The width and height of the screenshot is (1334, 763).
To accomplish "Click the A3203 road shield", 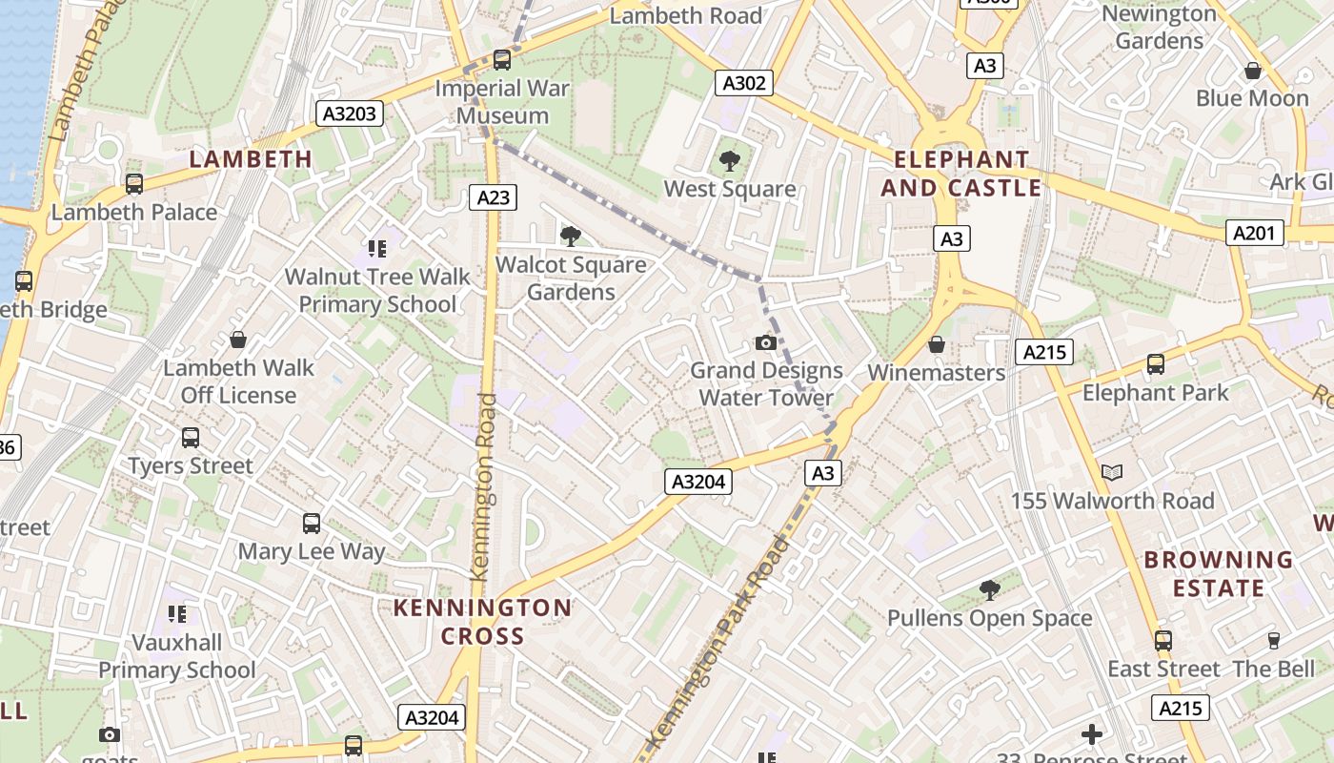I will pos(350,114).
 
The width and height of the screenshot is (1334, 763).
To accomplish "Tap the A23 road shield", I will pos(493,197).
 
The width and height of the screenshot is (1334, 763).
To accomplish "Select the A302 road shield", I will pos(743,83).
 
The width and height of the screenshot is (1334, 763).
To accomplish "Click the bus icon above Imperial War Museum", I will pos(502,60).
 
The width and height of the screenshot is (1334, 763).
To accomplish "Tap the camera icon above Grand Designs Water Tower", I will pos(765,342).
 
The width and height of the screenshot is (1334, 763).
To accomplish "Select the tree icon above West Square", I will pos(730,160).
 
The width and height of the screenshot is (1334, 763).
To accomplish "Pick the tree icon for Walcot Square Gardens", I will pos(571,236).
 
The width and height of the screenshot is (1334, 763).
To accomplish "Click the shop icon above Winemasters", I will pos(937,344).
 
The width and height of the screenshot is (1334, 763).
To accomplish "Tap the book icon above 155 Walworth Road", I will pos(1111,472).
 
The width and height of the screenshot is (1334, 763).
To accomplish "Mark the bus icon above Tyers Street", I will pos(191,438).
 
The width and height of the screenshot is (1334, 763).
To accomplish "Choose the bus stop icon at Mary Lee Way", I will pos(312,523).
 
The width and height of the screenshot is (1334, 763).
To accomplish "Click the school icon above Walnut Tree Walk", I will pos(377,249).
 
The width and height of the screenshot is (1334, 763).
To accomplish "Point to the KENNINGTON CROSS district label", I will pos(482,622).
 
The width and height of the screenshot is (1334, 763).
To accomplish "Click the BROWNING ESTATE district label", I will pos(1218,573).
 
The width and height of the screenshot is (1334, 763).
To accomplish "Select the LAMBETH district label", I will pos(251,159).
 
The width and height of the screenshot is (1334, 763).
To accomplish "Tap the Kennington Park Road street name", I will pos(717,644).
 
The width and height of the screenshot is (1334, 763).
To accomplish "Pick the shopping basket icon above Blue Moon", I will pos(1252,71).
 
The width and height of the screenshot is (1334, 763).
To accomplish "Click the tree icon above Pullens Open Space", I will pos(989,590).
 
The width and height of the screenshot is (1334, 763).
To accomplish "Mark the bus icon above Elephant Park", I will pos(1156,364).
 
